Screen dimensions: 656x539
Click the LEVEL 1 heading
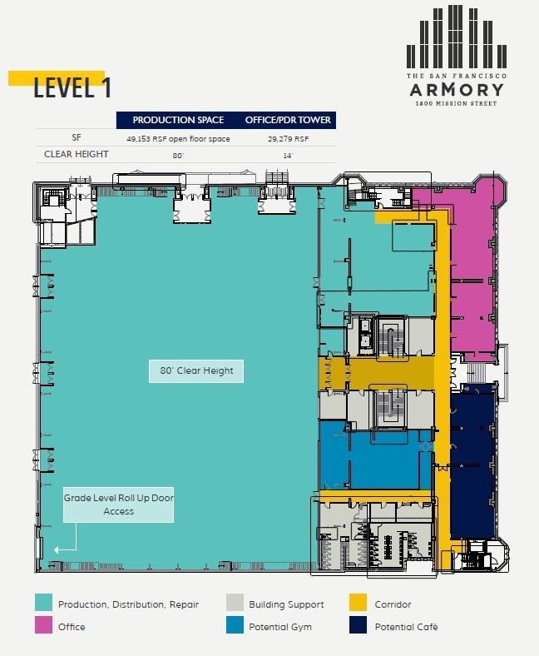[72, 88]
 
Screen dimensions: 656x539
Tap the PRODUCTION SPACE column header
[178, 120]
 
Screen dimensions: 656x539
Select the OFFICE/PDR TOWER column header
[288, 120]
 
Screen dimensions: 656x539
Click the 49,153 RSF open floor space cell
[178, 139]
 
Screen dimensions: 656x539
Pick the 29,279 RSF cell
[288, 139]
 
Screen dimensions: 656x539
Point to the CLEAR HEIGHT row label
[77, 155]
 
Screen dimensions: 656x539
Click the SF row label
[77, 139]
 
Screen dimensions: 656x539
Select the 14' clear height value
[288, 156]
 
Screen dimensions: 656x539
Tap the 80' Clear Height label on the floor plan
[196, 370]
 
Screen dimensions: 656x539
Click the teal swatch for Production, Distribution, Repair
[44, 604]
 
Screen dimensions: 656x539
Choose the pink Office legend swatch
[44, 626]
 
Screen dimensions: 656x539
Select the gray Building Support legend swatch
[235, 604]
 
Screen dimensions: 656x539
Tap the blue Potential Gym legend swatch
[235, 626]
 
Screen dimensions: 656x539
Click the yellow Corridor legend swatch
[359, 604]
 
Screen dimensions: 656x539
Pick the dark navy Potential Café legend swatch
[359, 626]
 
